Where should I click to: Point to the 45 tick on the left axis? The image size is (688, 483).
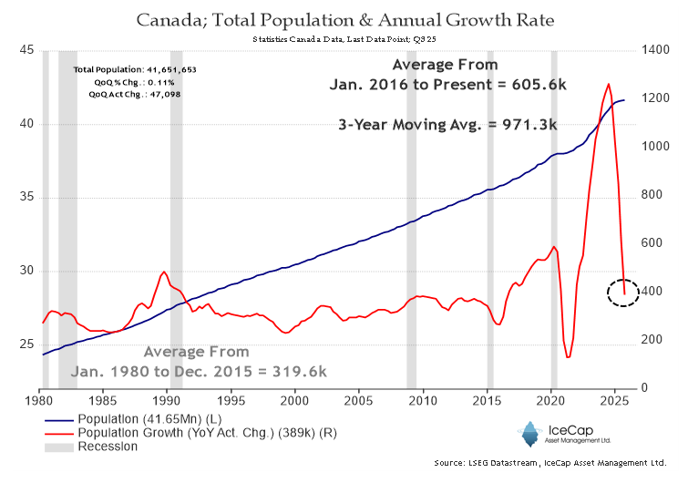pyautogui.click(x=26, y=50)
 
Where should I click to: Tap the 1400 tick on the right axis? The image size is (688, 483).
pyautogui.click(x=659, y=50)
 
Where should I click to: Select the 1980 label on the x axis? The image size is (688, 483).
pyautogui.click(x=40, y=400)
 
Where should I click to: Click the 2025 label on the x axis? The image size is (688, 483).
pyautogui.click(x=615, y=400)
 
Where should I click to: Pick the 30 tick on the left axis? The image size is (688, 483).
pyautogui.click(x=26, y=271)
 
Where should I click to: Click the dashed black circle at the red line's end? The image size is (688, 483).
pyautogui.click(x=623, y=292)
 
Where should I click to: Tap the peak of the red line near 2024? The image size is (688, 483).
pyautogui.click(x=608, y=84)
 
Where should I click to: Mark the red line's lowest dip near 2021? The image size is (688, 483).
pyautogui.click(x=568, y=356)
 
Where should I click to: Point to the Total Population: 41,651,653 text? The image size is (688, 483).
pyautogui.click(x=136, y=70)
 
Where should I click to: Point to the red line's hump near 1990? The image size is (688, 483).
pyautogui.click(x=164, y=272)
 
